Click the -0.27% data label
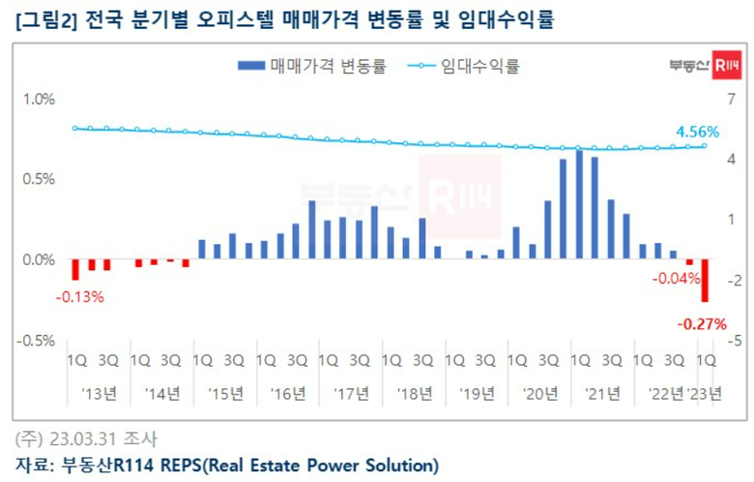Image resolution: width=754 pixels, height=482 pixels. click(703, 324)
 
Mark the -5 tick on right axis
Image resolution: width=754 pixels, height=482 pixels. click(734, 341)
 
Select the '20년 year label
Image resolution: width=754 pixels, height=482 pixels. click(536, 393)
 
